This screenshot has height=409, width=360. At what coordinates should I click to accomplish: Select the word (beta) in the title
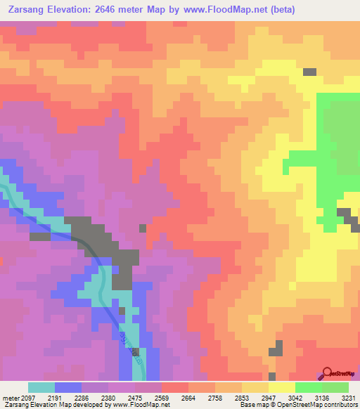281,9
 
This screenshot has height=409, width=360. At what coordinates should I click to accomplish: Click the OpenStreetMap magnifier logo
328,373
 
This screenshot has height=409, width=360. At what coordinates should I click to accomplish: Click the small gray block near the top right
309,72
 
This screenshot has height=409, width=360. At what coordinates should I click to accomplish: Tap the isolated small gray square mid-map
143,228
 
